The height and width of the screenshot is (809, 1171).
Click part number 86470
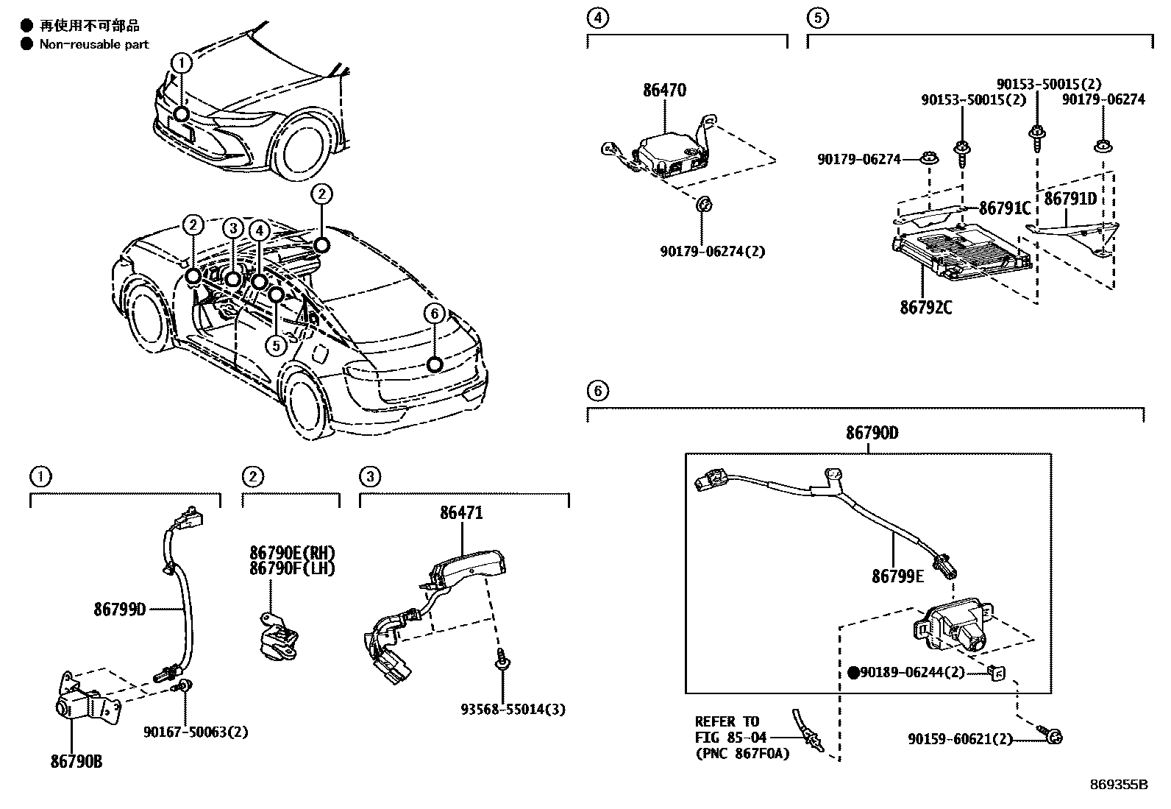point(664,91)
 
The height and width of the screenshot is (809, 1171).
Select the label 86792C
point(925,307)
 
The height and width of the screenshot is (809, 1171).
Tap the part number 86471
point(461,513)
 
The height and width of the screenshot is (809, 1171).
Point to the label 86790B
point(76,762)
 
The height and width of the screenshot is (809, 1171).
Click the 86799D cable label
point(120,609)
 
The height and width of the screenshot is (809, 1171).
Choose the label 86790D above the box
point(872,433)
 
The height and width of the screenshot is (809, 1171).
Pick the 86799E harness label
point(897,576)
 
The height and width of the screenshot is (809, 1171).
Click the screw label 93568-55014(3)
point(513,710)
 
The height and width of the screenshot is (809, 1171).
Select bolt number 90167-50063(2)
point(196,732)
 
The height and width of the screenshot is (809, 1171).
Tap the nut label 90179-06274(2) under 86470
point(712,251)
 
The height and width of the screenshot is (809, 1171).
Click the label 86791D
point(1070,199)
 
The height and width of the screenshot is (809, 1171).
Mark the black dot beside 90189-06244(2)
point(853,672)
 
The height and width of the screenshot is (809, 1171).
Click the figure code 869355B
point(1118,784)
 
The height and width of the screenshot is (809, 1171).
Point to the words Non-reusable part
point(94,44)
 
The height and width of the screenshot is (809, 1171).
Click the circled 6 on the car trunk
point(435,314)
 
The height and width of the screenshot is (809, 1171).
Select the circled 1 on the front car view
point(182,63)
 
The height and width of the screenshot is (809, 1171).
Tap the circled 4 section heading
point(599,18)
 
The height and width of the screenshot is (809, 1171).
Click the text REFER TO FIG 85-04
point(731,729)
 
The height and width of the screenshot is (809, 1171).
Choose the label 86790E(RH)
point(292,553)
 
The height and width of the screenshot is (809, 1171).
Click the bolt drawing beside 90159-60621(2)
point(1050,735)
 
